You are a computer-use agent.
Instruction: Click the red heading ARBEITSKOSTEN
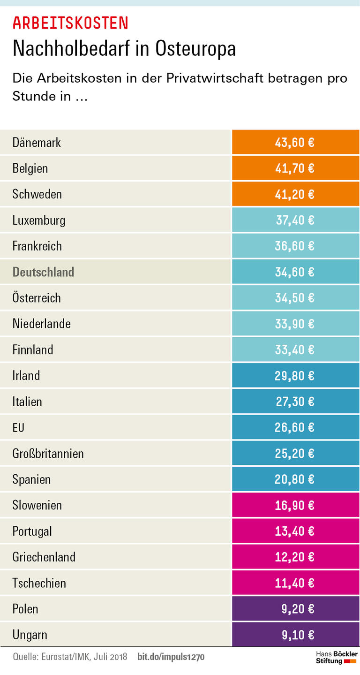click(x=70, y=23)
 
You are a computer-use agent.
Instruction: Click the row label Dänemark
click(x=37, y=143)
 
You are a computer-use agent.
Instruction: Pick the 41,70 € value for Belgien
click(x=295, y=168)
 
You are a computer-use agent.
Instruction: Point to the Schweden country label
click(x=37, y=194)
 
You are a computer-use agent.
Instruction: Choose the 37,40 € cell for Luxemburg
click(x=295, y=220)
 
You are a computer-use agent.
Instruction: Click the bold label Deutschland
click(x=43, y=272)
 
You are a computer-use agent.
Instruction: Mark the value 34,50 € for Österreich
click(x=295, y=298)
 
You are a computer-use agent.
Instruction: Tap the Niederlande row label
click(x=41, y=324)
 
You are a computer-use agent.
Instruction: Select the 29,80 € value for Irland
click(x=295, y=376)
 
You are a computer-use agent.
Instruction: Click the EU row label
click(x=18, y=427)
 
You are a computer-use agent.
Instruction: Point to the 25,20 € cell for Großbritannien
click(x=295, y=454)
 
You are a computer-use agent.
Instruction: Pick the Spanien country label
click(x=31, y=479)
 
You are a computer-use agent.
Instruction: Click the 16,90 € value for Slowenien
click(x=295, y=505)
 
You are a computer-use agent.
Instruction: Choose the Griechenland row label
click(x=44, y=557)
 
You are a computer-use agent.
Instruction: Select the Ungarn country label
click(x=30, y=635)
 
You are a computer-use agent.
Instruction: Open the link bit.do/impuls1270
click(x=171, y=657)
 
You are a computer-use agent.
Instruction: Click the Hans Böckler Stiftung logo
click(x=336, y=657)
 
